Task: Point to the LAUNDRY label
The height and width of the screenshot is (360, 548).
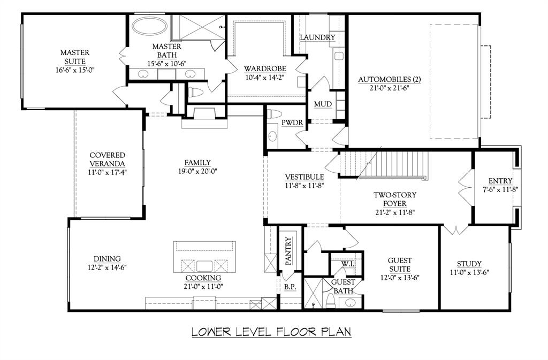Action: (317, 37)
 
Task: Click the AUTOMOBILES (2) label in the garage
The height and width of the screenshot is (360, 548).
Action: (390, 80)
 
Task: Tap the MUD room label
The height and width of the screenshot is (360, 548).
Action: (323, 104)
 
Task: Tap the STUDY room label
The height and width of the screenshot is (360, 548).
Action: (469, 264)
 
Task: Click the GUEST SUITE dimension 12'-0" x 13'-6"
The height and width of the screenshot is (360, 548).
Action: (400, 278)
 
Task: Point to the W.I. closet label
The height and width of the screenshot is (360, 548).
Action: (347, 264)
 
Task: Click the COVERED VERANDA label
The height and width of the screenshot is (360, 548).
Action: (107, 159)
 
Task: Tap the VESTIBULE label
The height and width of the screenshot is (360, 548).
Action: (304, 177)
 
